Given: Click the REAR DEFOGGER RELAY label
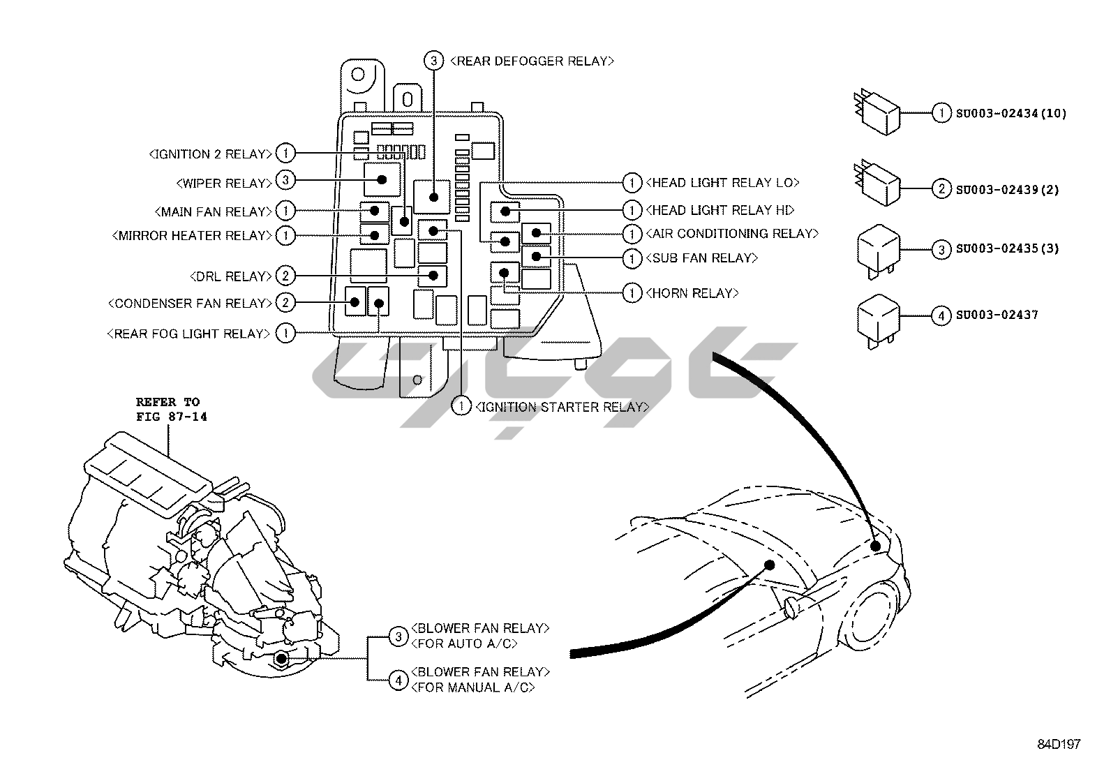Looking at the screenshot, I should tap(532, 61).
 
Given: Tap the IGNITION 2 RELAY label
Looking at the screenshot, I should tap(210, 154).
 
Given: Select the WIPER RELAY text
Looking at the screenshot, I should tap(224, 184).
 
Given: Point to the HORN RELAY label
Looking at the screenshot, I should tap(692, 293).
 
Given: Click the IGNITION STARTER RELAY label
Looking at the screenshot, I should tap(562, 407).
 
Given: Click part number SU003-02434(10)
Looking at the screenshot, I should tap(1011, 113).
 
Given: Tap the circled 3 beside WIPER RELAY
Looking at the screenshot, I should tap(285, 181).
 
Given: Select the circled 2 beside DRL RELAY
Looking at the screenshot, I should tap(285, 276).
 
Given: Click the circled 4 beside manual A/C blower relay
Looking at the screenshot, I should tap(398, 680).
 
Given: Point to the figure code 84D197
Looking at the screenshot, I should tap(1058, 745).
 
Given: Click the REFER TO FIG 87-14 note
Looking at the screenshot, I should tap(171, 409).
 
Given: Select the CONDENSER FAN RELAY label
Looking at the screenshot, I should tap(189, 304).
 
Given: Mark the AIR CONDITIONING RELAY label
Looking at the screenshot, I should tap(732, 234).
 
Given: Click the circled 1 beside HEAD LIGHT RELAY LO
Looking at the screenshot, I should tap(632, 183).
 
